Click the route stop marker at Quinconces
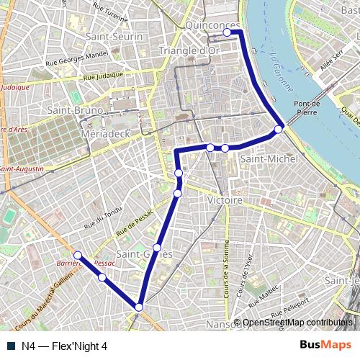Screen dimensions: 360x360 228,32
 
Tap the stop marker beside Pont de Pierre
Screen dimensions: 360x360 279,130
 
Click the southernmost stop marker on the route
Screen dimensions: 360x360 139,307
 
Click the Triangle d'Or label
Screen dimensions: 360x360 188,50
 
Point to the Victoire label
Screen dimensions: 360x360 224,199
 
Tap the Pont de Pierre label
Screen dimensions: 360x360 307,108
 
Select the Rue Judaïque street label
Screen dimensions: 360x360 109,75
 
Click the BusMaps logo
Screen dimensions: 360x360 326,346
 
